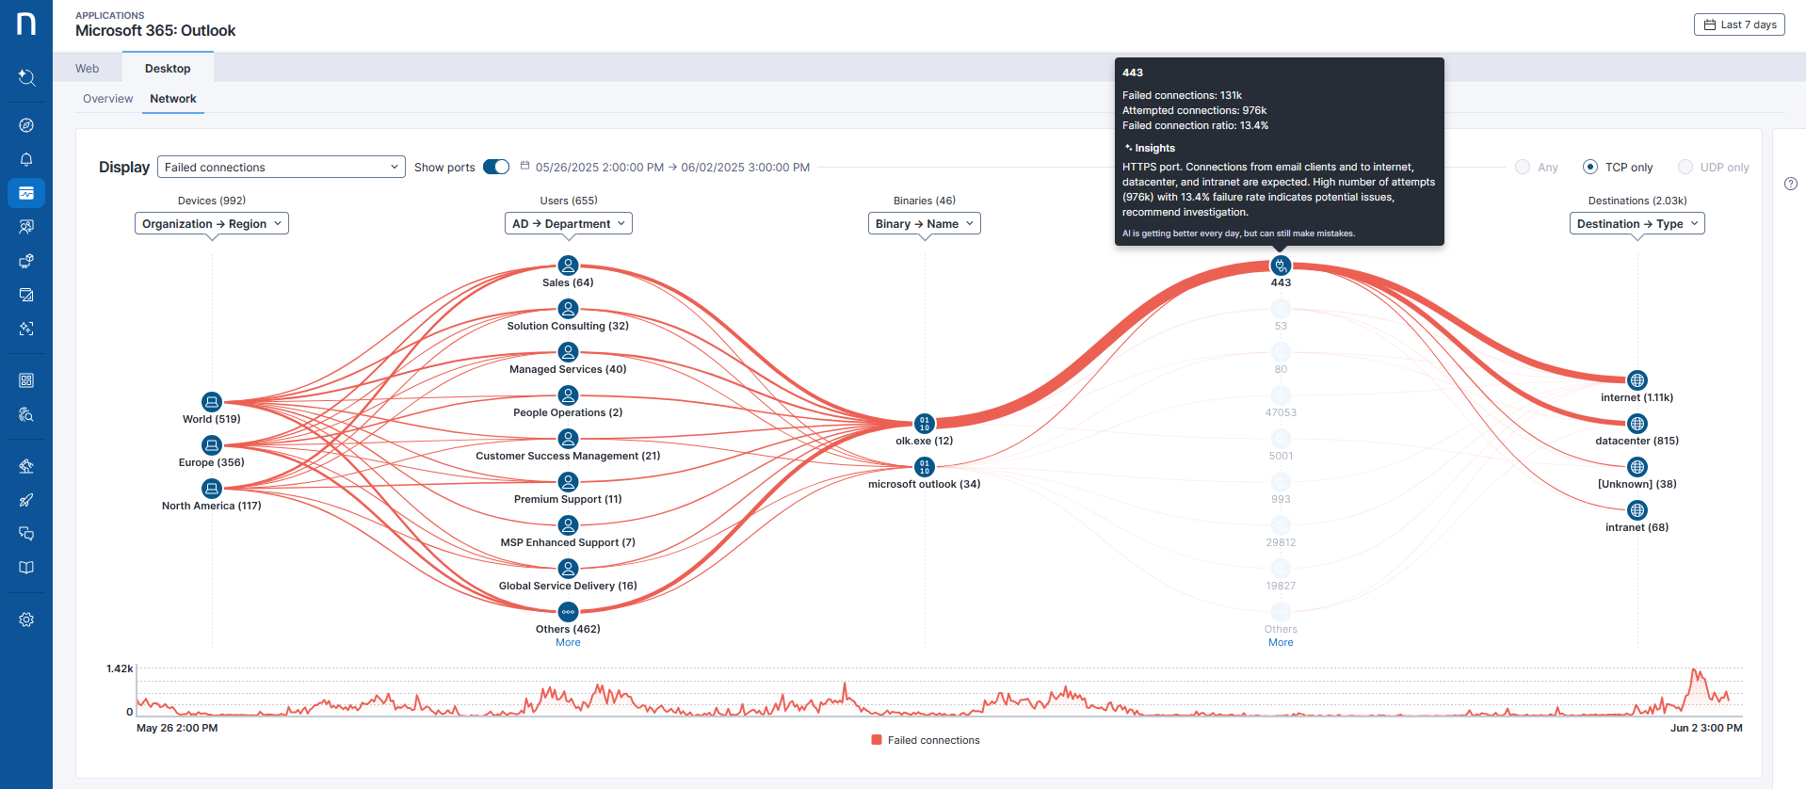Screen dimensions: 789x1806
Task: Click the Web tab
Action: click(x=88, y=69)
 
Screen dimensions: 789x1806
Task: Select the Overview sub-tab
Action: click(x=107, y=99)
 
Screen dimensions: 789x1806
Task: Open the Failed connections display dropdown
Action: click(x=281, y=168)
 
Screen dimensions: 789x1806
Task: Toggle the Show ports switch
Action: click(x=496, y=167)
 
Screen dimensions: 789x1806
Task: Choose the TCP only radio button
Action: click(x=1590, y=167)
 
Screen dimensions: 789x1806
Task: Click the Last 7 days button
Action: click(x=1739, y=24)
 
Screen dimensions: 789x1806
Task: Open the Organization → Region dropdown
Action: click(x=212, y=224)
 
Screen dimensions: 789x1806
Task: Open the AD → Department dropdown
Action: click(x=568, y=224)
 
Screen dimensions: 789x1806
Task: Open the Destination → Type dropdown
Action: click(x=1637, y=224)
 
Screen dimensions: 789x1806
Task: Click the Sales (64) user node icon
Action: click(x=568, y=266)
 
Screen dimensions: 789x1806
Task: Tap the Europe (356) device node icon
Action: click(x=212, y=445)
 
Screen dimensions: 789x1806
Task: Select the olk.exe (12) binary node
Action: click(x=925, y=424)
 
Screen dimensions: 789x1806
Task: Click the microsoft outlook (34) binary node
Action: click(x=925, y=467)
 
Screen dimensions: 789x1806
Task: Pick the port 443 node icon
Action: click(x=1281, y=266)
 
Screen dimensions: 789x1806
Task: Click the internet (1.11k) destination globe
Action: click(x=1637, y=380)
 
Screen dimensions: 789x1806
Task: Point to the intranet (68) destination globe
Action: click(x=1637, y=510)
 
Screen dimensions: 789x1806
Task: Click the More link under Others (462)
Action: click(x=568, y=643)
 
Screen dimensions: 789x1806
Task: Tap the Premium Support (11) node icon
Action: click(x=568, y=482)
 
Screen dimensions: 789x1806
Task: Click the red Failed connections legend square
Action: click(x=877, y=740)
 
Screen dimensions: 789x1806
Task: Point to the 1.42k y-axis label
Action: click(x=120, y=669)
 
